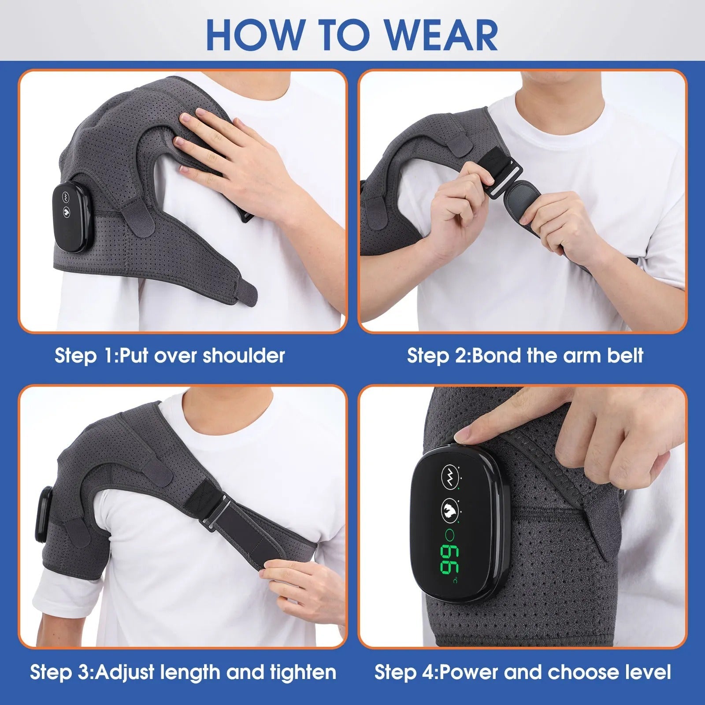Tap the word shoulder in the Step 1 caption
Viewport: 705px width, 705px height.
coord(243,356)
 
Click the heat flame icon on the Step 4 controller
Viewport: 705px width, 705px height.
coord(449,510)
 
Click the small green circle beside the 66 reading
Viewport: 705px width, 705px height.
coord(450,535)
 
